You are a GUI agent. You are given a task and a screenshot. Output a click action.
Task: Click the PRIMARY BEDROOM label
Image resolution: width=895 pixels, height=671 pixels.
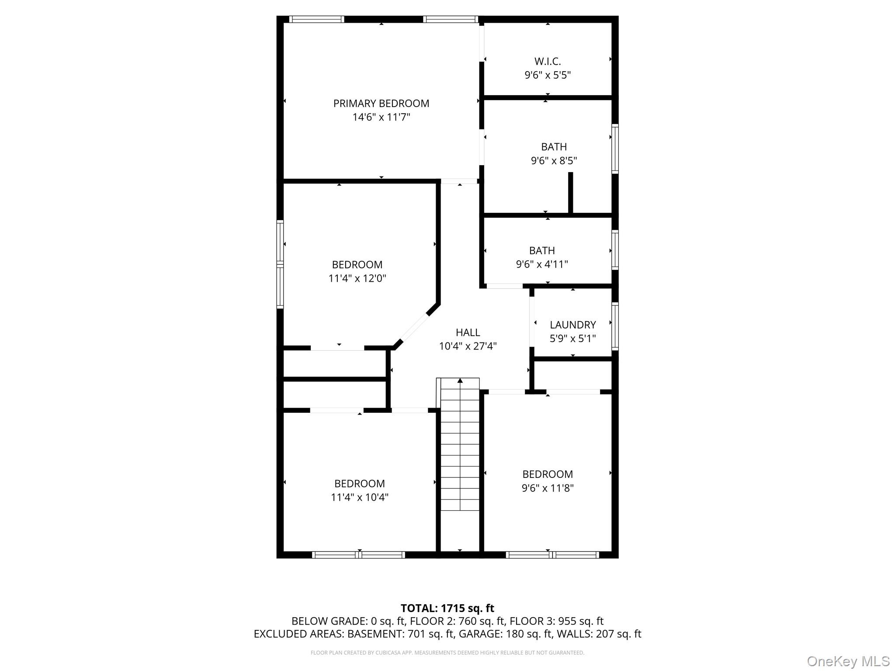pyautogui.click(x=381, y=104)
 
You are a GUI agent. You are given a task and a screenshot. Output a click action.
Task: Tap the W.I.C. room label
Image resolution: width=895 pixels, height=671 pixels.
pyautogui.click(x=547, y=61)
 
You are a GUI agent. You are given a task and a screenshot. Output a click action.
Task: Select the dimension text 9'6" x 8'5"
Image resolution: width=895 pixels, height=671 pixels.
pyautogui.click(x=554, y=161)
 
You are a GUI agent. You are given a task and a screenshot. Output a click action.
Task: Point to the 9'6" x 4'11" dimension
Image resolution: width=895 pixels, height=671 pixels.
pyautogui.click(x=542, y=264)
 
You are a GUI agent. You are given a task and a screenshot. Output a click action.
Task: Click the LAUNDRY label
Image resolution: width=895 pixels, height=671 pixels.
pyautogui.click(x=572, y=325)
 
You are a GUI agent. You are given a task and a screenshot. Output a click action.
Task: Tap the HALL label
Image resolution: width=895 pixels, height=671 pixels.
pyautogui.click(x=468, y=332)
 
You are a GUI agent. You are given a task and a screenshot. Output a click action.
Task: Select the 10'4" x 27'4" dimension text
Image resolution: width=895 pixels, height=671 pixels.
pyautogui.click(x=468, y=346)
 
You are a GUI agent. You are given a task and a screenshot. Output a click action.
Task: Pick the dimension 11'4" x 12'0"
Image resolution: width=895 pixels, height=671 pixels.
pyautogui.click(x=357, y=278)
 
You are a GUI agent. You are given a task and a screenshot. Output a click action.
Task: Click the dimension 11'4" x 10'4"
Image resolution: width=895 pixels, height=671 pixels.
pyautogui.click(x=359, y=497)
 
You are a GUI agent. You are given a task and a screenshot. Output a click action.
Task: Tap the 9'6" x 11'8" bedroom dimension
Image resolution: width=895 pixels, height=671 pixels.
pyautogui.click(x=547, y=488)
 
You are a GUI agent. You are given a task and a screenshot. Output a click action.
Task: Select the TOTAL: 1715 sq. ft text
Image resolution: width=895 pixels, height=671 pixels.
pyautogui.click(x=447, y=608)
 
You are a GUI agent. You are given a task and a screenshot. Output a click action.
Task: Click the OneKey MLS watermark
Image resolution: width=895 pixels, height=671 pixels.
pyautogui.click(x=848, y=661)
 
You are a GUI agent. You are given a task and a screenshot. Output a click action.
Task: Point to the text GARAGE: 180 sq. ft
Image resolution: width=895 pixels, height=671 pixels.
pyautogui.click(x=524, y=634)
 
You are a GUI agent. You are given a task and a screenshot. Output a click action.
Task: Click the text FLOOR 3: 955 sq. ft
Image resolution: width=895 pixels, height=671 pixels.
pyautogui.click(x=556, y=621)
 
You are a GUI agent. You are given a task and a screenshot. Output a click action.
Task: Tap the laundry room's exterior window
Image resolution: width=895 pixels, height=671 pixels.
pyautogui.click(x=615, y=326)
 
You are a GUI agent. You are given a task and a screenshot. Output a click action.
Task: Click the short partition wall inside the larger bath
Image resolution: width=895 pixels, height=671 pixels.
pyautogui.click(x=570, y=193)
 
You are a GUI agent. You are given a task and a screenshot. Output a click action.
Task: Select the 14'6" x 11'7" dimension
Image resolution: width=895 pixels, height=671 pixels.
pyautogui.click(x=381, y=117)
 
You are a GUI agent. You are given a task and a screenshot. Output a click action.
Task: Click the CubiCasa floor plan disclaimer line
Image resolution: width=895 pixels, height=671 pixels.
pyautogui.click(x=447, y=653)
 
